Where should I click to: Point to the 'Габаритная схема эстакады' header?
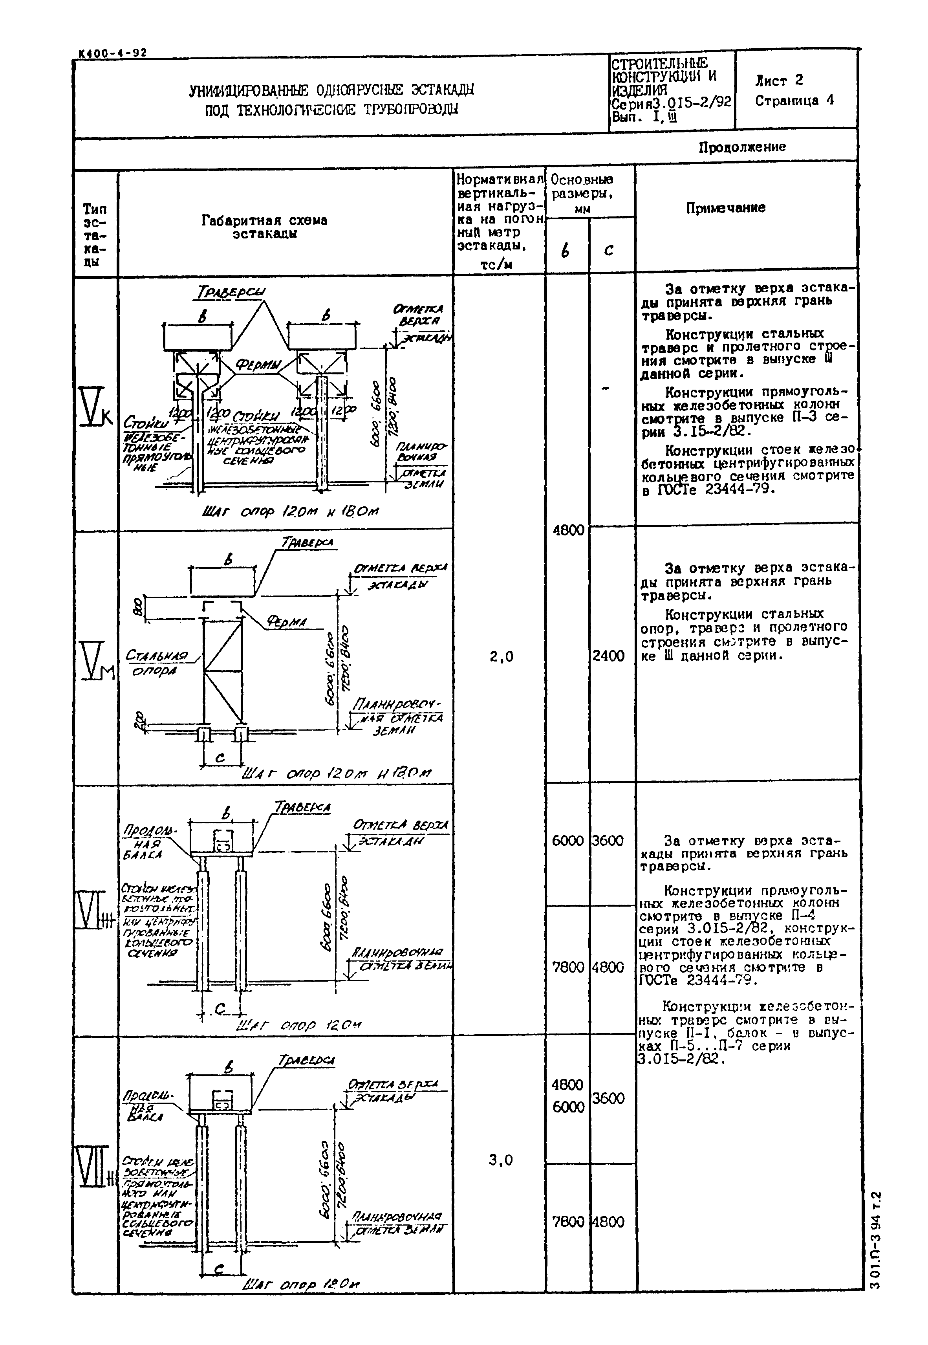265,227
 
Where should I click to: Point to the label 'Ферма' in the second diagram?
286,623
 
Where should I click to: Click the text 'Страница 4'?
794,101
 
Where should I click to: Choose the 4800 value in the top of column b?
568,530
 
